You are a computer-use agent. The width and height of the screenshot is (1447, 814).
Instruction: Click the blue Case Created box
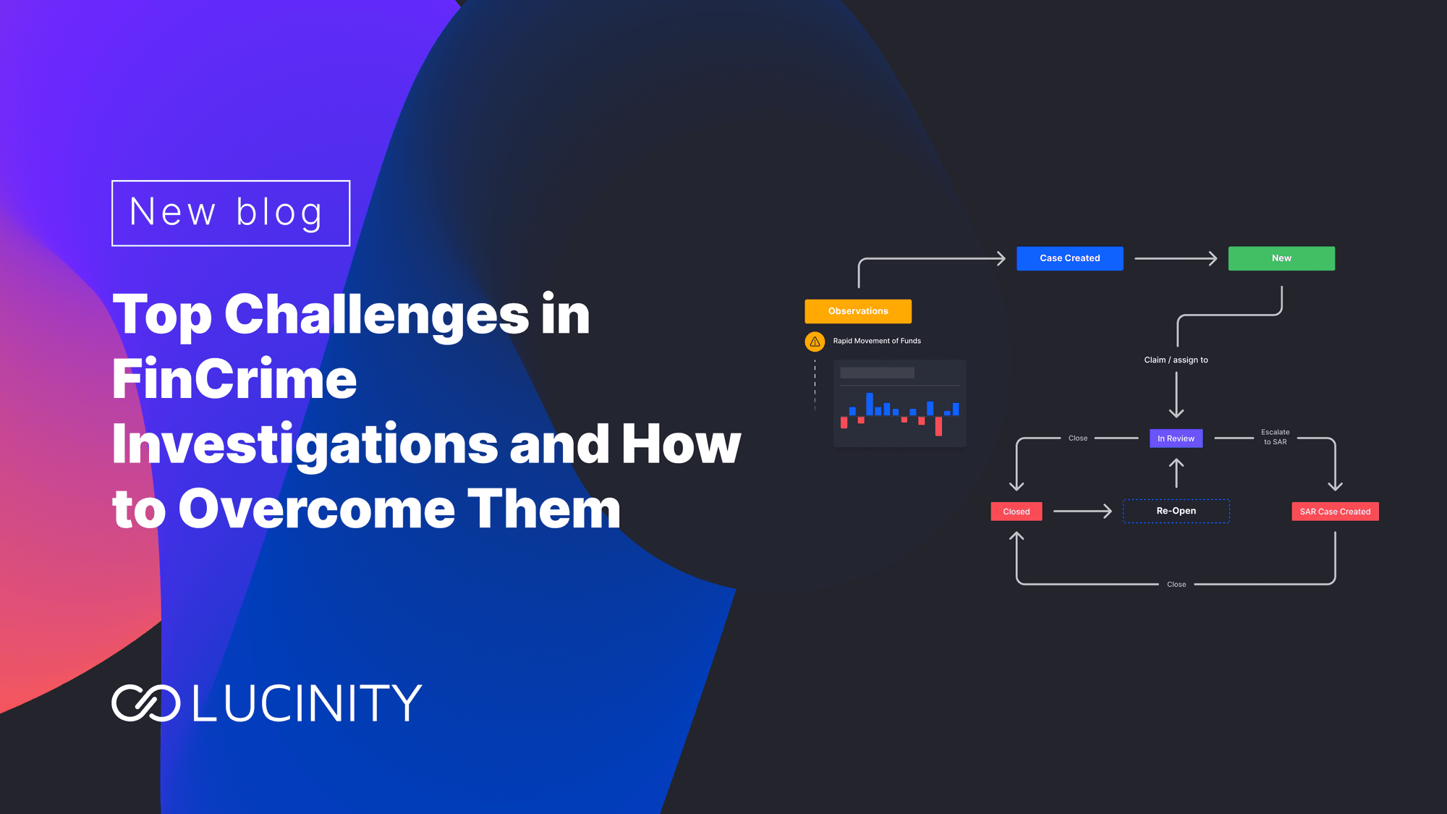pyautogui.click(x=1069, y=258)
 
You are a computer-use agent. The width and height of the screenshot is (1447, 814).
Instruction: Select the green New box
pyautogui.click(x=1281, y=258)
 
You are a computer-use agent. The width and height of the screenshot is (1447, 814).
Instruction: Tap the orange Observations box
pyautogui.click(x=858, y=311)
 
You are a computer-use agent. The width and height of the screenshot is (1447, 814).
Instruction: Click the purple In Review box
pyautogui.click(x=1176, y=438)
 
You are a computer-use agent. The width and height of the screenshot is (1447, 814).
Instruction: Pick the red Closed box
pyautogui.click(x=1017, y=512)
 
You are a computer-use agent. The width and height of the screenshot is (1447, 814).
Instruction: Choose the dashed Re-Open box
pyautogui.click(x=1176, y=511)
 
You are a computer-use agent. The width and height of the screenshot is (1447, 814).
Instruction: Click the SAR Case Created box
pyautogui.click(x=1335, y=512)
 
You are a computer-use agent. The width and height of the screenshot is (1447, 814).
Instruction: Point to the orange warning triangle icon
pyautogui.click(x=815, y=342)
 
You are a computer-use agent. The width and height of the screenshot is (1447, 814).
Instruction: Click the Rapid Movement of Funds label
pyautogui.click(x=877, y=341)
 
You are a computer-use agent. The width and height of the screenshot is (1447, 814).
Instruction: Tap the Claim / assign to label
pyautogui.click(x=1176, y=360)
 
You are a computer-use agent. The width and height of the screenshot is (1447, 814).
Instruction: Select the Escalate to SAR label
pyautogui.click(x=1275, y=437)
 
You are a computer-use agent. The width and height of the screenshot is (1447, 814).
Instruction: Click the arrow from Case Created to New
pyautogui.click(x=1176, y=258)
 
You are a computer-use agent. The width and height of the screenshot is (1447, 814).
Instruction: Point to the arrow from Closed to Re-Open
pyautogui.click(x=1082, y=512)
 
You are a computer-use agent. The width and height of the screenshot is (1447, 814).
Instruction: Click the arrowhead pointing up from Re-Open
pyautogui.click(x=1176, y=463)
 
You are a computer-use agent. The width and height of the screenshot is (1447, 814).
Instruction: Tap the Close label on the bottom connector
pyautogui.click(x=1176, y=584)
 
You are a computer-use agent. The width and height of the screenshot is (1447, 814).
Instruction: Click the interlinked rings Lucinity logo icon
pyautogui.click(x=146, y=703)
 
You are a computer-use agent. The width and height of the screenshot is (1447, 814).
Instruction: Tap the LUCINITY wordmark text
pyautogui.click(x=307, y=703)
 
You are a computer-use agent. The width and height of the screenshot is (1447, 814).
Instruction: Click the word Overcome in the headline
pyautogui.click(x=317, y=509)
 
